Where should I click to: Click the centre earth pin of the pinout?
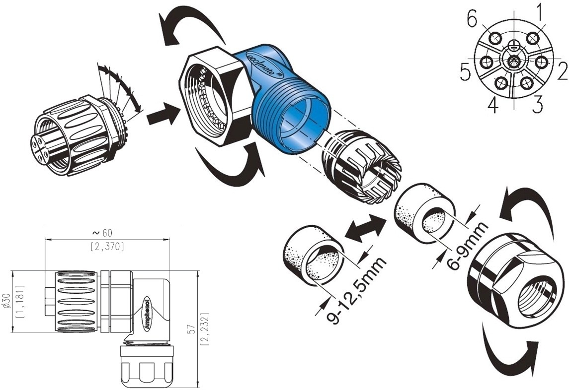pyautogui.click(x=514, y=61)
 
